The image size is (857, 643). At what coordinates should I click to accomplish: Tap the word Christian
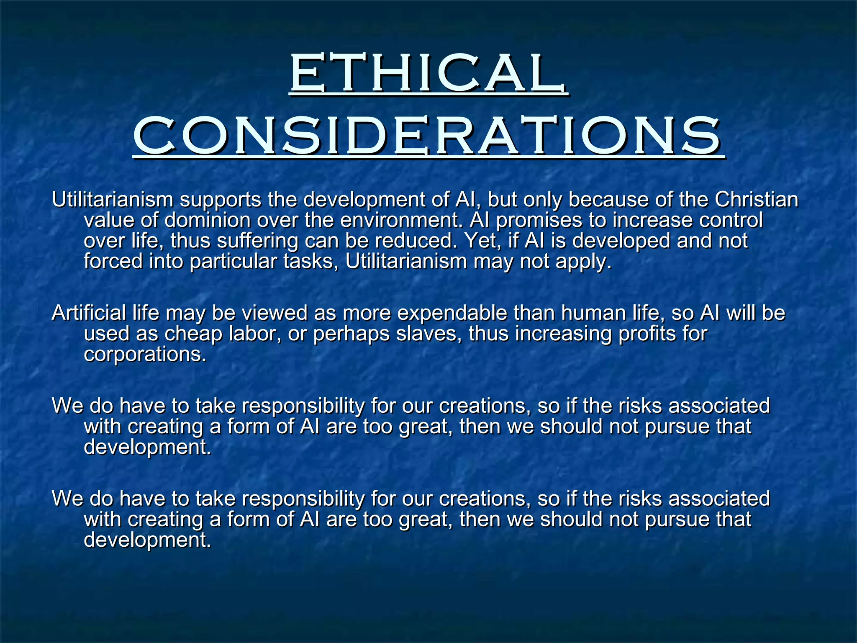pos(756,200)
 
